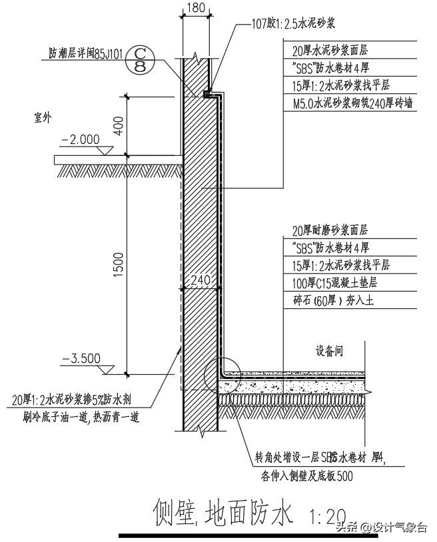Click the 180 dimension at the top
tap(194, 9)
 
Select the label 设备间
tap(329, 352)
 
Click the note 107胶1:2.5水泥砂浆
tap(288, 23)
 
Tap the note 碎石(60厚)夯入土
tap(334, 301)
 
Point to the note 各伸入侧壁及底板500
tap(303, 475)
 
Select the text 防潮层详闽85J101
tap(85, 53)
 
